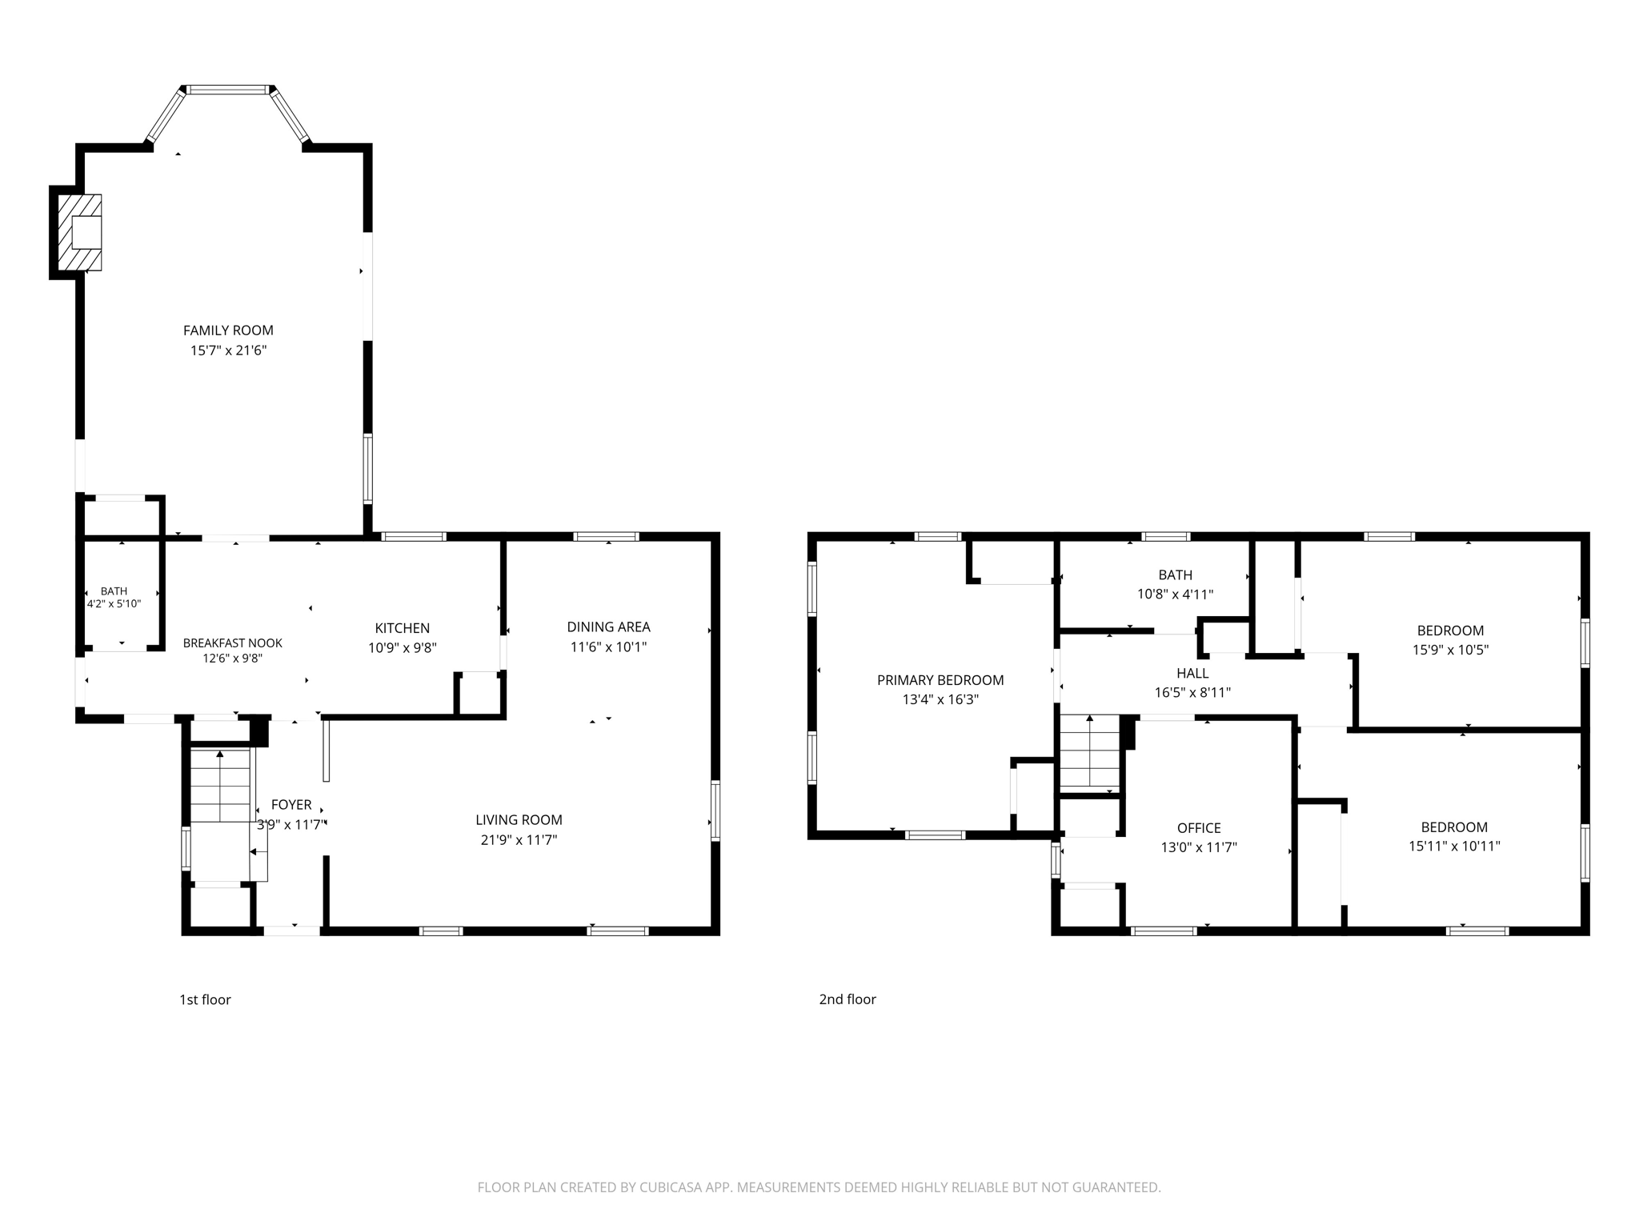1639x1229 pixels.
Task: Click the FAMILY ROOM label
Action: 228,330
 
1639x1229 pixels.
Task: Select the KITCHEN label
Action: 403,628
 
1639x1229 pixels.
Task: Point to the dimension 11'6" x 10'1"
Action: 608,647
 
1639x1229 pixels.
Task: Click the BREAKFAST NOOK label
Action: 233,643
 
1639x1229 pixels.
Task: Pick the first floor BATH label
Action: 114,591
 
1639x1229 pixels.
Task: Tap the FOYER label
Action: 291,805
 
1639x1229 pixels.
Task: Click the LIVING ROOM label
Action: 519,820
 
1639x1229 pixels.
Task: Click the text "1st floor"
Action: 205,999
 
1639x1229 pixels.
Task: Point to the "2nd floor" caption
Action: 848,999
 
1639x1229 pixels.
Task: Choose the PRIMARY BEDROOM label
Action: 940,680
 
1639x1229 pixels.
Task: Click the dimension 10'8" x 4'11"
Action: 1175,594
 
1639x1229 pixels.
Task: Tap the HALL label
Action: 1192,674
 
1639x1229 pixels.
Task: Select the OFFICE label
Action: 1199,828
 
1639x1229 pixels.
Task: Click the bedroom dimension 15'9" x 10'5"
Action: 1450,650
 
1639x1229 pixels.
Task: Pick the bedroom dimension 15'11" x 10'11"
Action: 1454,846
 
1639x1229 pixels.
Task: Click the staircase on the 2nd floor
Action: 1089,752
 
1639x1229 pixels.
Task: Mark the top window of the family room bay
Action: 228,90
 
